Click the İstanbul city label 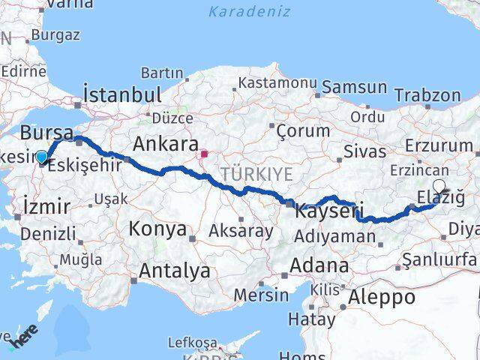[x=123, y=95]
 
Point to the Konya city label [x=157, y=229]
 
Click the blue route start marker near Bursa [x=42, y=157]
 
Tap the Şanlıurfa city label [x=439, y=259]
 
